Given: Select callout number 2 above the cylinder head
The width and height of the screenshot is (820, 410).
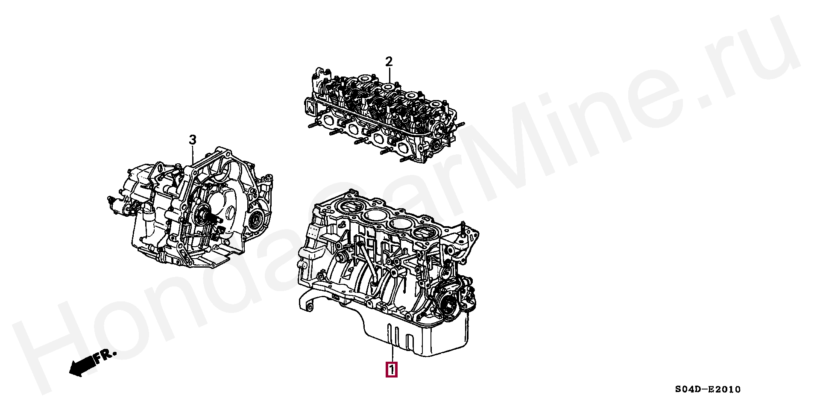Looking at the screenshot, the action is click(x=389, y=62).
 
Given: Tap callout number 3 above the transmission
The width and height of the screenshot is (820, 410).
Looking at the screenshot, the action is click(x=193, y=140).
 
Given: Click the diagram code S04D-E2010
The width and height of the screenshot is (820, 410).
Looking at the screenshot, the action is click(x=708, y=389).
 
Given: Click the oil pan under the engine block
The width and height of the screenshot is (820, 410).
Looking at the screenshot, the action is click(x=419, y=338).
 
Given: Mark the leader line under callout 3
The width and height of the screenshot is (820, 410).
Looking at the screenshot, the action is click(x=193, y=156).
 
